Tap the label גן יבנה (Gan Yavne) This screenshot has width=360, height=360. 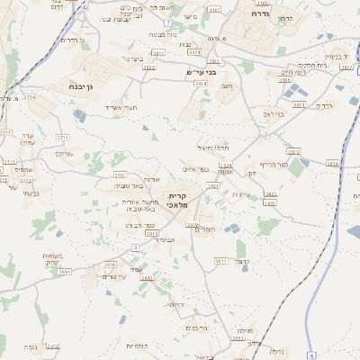click(x=85, y=86)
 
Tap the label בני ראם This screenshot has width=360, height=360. click(x=274, y=114)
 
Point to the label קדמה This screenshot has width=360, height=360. click(x=240, y=261)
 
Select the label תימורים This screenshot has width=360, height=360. click(x=208, y=230)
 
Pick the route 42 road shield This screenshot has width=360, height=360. click(x=85, y=6)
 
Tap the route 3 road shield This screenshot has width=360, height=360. click(x=135, y=247)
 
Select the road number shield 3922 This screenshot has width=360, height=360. click(x=149, y=67)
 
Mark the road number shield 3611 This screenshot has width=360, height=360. click(x=220, y=260)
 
